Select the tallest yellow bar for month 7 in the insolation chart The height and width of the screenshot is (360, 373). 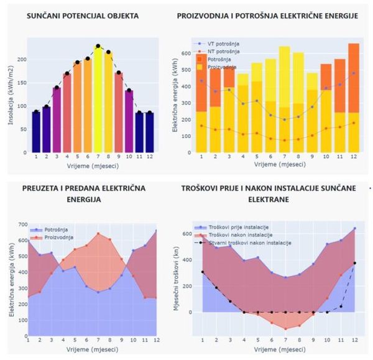98,99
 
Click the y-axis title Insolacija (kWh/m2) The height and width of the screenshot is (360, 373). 11,96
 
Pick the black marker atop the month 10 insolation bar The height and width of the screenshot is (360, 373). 129,91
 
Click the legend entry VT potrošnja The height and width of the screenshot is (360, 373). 224,44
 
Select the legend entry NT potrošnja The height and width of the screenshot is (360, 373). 224,52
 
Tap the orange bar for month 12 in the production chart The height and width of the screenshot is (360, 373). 353,78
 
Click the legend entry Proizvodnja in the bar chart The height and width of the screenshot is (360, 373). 223,67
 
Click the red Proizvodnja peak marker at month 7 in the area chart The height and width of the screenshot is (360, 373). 98,234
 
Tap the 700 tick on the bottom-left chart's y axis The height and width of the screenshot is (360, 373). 22,224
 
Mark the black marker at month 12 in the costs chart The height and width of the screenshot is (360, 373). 354,263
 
